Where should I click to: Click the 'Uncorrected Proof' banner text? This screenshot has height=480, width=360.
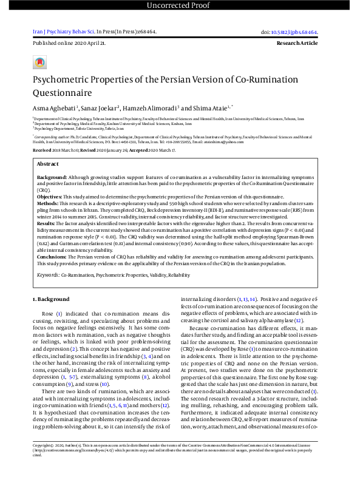[x=180, y=7]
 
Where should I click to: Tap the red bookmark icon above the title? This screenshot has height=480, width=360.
[x=39, y=63]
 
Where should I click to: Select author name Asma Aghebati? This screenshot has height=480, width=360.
[x=53, y=107]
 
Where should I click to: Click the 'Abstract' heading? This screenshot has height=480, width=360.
[x=48, y=164]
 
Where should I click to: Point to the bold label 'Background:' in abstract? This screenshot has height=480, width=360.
[x=52, y=176]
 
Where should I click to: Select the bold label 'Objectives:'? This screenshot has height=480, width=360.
[x=51, y=197]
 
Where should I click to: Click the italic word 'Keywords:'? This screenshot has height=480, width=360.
[x=47, y=274]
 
